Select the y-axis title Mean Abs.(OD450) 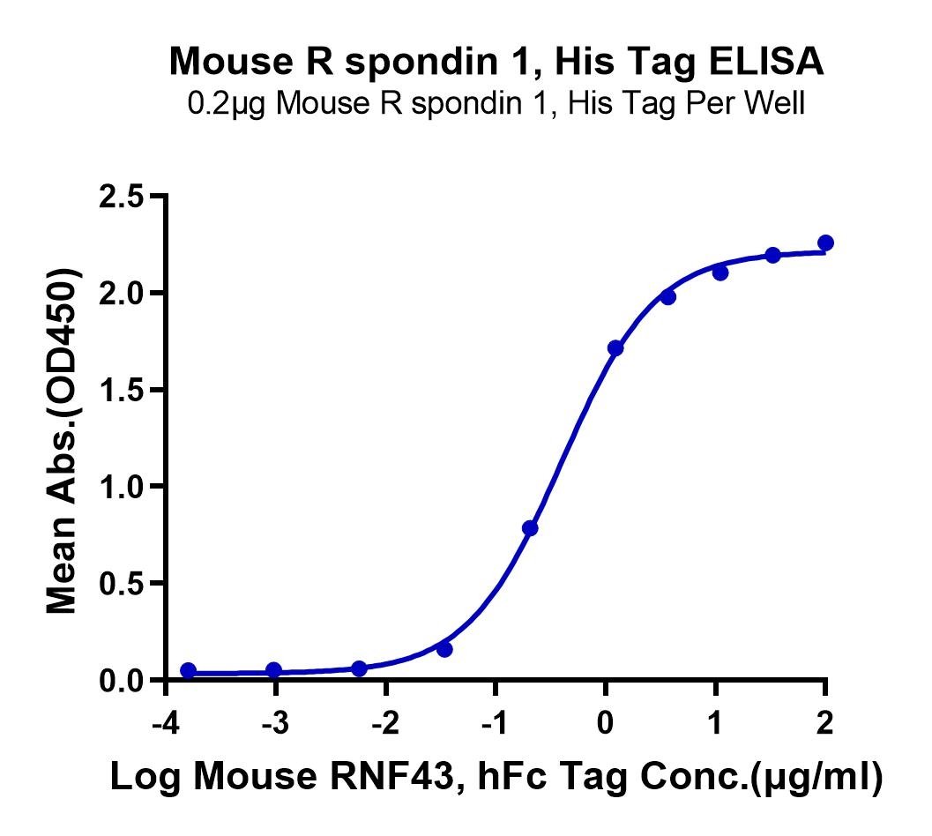click(63, 441)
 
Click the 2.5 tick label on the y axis click(122, 197)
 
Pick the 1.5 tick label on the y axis click(122, 390)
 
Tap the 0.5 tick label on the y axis click(122, 583)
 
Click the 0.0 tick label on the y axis click(122, 680)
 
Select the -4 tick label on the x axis click(166, 724)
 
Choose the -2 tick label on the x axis click(385, 724)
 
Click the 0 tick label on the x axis click(605, 724)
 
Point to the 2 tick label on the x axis click(825, 724)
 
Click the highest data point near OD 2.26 click(825, 243)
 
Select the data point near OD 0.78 click(530, 528)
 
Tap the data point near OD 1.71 click(615, 348)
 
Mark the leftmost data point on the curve click(189, 671)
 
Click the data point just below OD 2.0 click(668, 297)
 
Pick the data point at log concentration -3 click(273, 670)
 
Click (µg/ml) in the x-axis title click(816, 777)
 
